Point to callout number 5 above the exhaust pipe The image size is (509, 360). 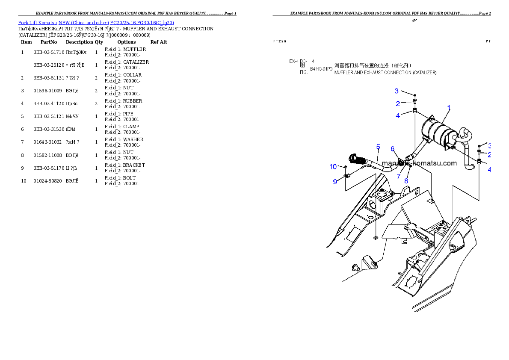pyautogui.click(x=378, y=147)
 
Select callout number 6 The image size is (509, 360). pyautogui.click(x=392, y=149)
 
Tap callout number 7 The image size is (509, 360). pyautogui.click(x=398, y=176)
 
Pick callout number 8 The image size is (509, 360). pyautogui.click(x=406, y=180)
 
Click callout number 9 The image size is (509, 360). pyautogui.click(x=335, y=182)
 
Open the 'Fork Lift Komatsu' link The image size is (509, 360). pyautogui.click(x=38, y=23)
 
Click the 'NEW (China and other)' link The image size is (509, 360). pyautogui.click(x=83, y=23)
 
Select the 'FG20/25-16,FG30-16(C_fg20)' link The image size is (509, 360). pyautogui.click(x=142, y=23)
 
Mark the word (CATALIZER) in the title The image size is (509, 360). pyautogui.click(x=424, y=73)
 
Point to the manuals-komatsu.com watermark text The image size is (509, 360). pyautogui.click(x=419, y=163)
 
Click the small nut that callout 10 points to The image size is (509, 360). pyautogui.click(x=345, y=166)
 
